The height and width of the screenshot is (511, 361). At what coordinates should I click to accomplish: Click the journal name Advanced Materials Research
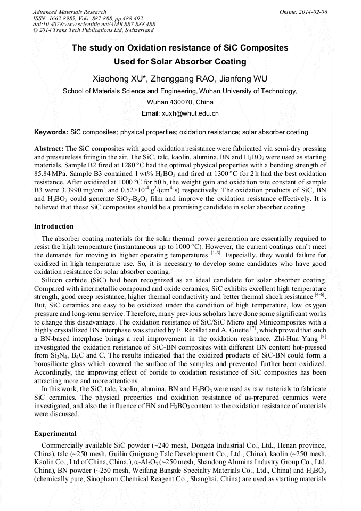pos(69,12)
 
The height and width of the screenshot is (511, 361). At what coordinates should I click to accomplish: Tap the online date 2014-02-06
pos(312,12)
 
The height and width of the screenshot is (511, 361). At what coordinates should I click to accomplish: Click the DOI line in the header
pos(94,25)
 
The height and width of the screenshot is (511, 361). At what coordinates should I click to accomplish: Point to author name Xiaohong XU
pos(117,79)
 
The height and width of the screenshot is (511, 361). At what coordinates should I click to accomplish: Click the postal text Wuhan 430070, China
pos(180,102)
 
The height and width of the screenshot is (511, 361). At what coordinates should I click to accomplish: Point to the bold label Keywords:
pos(51,132)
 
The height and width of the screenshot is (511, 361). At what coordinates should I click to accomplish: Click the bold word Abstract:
pos(49,148)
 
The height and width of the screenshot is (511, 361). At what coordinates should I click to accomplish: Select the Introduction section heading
pos(54,226)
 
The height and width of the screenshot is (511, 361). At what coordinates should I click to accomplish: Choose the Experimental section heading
pos(55,433)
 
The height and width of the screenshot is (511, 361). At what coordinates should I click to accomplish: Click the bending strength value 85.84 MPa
pos(52,173)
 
